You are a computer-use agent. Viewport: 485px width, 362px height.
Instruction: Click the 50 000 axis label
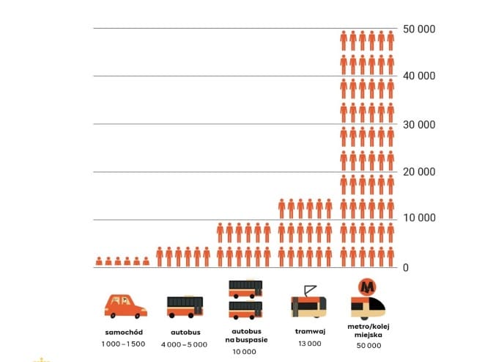point(419,29)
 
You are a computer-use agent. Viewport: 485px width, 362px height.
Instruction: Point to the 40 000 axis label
point(419,76)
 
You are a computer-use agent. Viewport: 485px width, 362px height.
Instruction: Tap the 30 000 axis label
point(419,125)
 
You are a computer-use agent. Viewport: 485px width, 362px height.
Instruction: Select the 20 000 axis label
point(419,172)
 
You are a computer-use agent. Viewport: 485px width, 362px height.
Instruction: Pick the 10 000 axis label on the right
point(419,218)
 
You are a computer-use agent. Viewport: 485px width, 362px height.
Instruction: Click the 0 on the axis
point(405,267)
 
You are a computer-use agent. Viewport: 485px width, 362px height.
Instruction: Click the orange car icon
point(125,305)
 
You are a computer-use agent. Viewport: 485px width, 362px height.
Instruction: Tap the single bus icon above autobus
point(185,306)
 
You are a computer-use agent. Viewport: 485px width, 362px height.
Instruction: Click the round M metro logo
point(367,287)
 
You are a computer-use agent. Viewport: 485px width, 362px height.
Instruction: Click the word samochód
point(123,332)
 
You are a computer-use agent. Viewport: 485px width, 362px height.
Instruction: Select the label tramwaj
point(310,331)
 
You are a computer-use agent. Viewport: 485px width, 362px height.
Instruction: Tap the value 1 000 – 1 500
point(123,344)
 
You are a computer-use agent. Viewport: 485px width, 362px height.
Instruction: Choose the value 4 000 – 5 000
point(184,344)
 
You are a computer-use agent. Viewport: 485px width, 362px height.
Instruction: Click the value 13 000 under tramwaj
point(310,343)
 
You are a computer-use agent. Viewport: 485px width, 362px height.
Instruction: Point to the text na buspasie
point(246,341)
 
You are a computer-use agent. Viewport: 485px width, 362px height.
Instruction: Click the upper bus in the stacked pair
point(246,289)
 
